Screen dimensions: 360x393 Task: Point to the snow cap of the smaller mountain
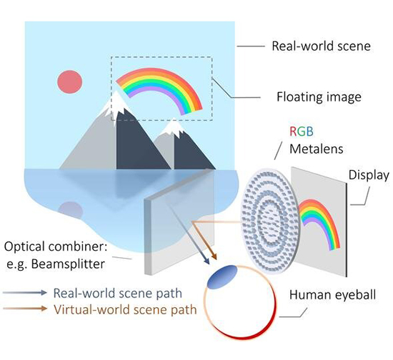[172, 128]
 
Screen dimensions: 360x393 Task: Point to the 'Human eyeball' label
[332, 295]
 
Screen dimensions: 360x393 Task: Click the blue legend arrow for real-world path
[26, 293]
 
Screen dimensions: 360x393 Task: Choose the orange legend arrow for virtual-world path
[26, 309]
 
